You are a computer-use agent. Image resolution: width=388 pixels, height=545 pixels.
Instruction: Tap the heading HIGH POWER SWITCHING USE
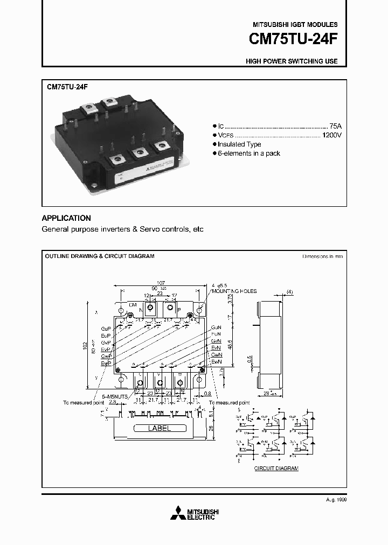pos(292,61)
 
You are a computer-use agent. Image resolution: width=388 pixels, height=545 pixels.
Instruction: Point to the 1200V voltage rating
pos(331,135)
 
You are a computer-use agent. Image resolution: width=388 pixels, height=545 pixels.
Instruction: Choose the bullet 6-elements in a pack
pos(249,153)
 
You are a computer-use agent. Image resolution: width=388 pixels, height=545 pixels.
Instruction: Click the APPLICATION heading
pos(66,218)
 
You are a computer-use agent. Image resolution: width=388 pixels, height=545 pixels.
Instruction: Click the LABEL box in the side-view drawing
pos(159,429)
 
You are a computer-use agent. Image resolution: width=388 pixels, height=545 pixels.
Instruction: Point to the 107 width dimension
pos(160,283)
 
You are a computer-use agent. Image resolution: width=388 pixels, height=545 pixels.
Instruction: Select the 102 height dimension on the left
pos(85,345)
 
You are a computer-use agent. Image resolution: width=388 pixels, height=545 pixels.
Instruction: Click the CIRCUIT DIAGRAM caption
pos(276,469)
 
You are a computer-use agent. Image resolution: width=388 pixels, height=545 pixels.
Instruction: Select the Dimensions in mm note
pos(322,256)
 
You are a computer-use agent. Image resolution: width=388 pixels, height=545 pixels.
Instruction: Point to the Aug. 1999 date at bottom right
pos(336,500)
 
